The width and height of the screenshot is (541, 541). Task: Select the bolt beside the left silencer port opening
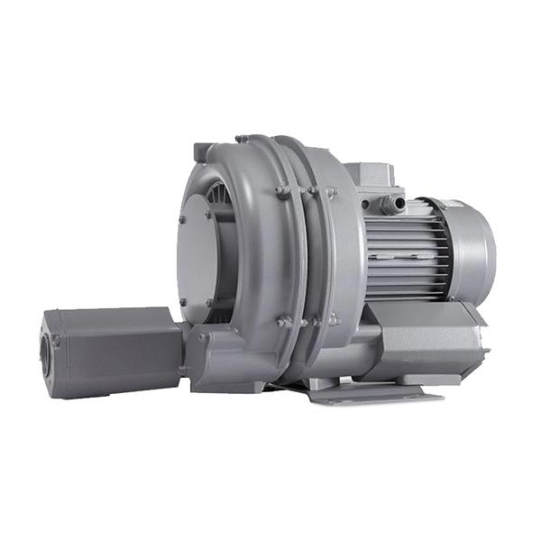(56, 342)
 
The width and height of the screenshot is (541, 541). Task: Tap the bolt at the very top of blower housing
(242, 139)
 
